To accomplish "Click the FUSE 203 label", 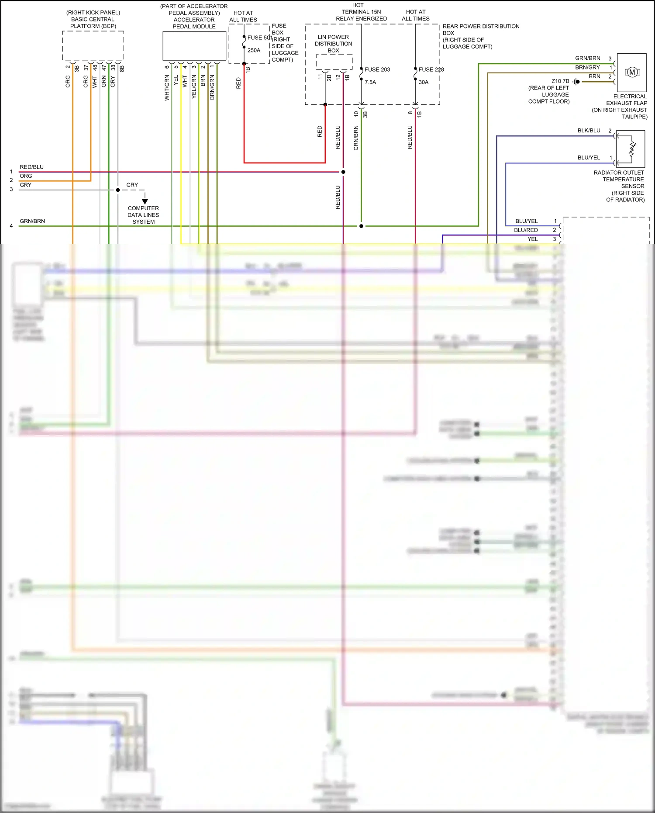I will pos(377,69).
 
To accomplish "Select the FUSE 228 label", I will pos(431,69).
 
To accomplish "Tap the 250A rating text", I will pos(254,50).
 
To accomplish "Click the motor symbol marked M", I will pos(632,72).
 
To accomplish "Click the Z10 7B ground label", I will pos(560,81).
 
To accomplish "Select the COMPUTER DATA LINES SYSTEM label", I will pos(143,215).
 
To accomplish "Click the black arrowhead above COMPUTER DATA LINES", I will pos(145,201).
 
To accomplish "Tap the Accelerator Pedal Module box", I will pos(194,45).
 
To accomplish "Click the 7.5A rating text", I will pos(370,82).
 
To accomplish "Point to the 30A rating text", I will pos(424,82).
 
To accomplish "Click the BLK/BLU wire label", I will pos(589,131).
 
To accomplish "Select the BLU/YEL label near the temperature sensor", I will pos(589,158).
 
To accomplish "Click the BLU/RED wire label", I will pos(526,230).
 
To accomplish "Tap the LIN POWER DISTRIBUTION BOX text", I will pos(333,44).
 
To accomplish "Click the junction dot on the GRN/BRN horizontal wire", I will pos(361,226).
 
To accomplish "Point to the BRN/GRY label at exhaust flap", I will pos(587,67).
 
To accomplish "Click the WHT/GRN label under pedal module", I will pos(167,87).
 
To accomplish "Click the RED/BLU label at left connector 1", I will pos(31,167).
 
